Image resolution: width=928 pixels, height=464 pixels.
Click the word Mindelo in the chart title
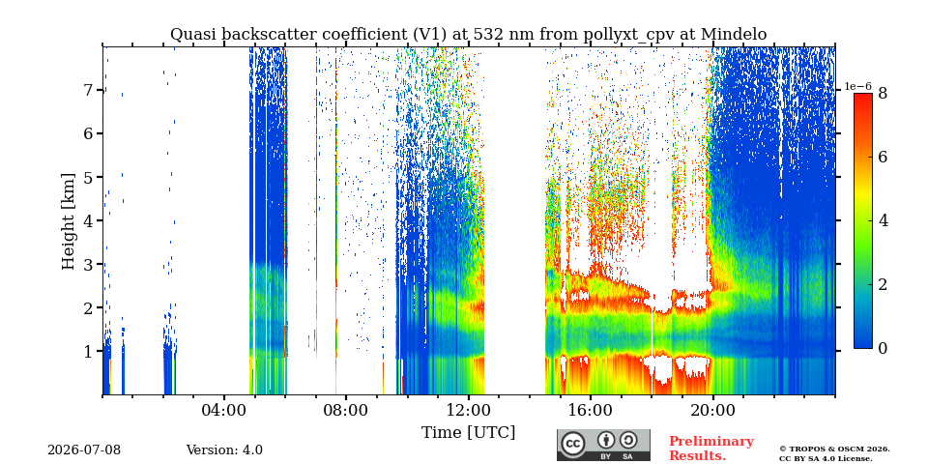(734, 35)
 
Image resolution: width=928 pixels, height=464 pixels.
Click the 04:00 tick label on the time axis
(224, 410)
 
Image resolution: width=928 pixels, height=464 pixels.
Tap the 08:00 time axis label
(346, 410)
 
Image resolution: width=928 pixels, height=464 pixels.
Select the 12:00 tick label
(468, 410)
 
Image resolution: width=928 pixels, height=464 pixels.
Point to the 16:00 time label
(590, 410)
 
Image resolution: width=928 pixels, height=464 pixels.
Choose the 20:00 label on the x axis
(712, 410)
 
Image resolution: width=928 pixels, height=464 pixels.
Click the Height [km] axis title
(69, 221)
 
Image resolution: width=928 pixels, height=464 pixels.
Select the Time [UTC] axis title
(468, 433)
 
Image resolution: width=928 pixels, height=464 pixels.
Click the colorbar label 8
(882, 94)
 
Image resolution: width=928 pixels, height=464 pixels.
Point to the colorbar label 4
(882, 220)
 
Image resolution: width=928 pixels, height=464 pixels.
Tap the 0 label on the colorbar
(882, 349)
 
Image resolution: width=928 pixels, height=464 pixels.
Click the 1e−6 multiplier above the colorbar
(857, 86)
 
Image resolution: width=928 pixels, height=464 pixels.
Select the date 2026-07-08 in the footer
(84, 450)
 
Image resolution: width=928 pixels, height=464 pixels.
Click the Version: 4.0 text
(224, 450)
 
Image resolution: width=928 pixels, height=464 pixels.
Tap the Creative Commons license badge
(603, 445)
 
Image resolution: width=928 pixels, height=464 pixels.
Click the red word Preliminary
(711, 442)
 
